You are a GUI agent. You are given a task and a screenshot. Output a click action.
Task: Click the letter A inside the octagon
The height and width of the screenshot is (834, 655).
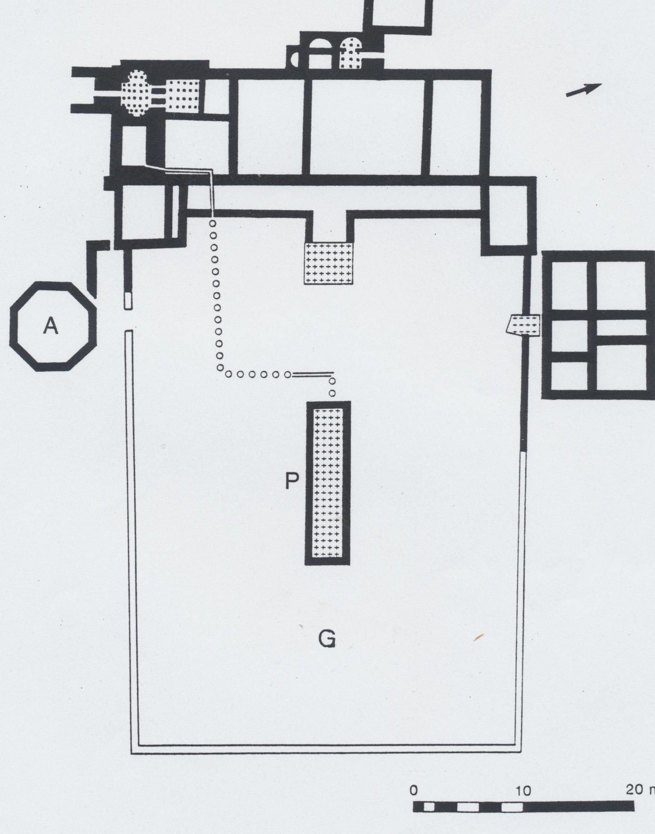[51, 326]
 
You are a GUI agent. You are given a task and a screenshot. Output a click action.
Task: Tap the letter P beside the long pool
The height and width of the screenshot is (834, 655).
[292, 481]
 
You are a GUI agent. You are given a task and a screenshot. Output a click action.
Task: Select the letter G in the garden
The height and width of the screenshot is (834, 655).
[327, 639]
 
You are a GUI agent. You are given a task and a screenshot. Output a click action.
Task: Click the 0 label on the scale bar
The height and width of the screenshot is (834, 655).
[414, 790]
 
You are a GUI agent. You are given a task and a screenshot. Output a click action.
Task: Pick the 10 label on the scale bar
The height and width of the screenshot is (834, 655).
[524, 791]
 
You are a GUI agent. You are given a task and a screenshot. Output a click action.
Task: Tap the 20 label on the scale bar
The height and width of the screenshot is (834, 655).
[634, 789]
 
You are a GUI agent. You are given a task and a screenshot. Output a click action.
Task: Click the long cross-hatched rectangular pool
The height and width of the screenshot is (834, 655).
[327, 483]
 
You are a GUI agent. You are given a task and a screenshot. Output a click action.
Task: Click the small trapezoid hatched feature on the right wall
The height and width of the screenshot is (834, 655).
[523, 326]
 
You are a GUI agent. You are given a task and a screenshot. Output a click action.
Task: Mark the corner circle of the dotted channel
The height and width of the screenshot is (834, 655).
[221, 368]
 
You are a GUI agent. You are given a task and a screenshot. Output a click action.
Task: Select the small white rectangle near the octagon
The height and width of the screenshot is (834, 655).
[128, 301]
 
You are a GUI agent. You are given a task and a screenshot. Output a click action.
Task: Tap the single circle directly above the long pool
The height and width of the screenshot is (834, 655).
[332, 393]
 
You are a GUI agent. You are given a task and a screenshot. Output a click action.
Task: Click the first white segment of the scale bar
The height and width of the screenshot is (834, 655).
[429, 807]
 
